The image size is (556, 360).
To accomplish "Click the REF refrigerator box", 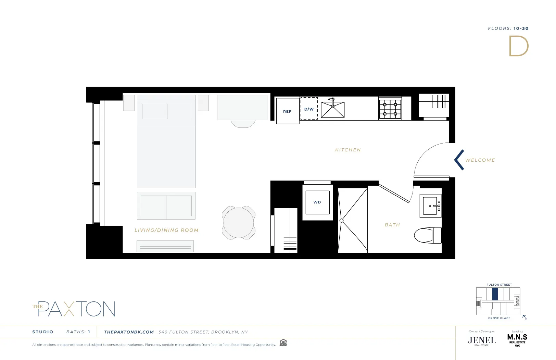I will click(x=288, y=111).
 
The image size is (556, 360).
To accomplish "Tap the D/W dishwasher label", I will click(x=309, y=109).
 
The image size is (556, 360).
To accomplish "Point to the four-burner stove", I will click(x=390, y=109).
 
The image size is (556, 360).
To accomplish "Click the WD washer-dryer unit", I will click(x=317, y=202).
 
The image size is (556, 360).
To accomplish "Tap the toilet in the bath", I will click(x=428, y=235).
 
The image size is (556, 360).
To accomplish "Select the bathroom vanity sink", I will click(x=430, y=206).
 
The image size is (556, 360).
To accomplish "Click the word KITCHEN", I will click(x=348, y=150).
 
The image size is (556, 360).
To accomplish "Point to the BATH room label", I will click(x=392, y=225).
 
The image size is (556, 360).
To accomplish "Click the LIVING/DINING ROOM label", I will click(x=166, y=230).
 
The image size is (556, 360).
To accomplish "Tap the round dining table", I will click(x=239, y=223).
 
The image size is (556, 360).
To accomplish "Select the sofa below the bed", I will click(x=166, y=206).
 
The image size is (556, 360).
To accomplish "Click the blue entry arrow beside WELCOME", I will click(x=459, y=160).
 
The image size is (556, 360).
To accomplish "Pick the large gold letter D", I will click(x=518, y=46).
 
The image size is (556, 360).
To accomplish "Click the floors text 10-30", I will click(x=521, y=28).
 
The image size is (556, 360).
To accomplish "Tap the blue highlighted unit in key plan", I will click(x=495, y=294).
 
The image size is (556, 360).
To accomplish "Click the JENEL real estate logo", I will click(x=481, y=340).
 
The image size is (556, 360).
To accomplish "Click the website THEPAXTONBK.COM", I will click(x=129, y=332).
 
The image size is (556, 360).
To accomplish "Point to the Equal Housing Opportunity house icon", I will click(x=283, y=343).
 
